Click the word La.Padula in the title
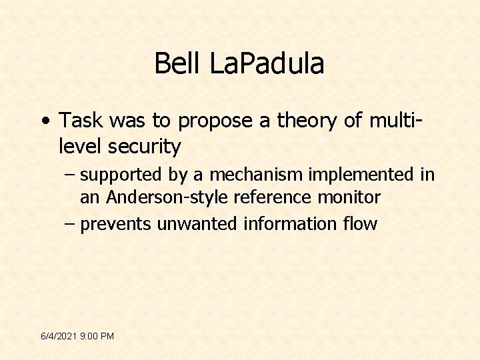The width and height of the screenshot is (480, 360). (x=267, y=64)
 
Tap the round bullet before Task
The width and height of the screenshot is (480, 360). (x=43, y=121)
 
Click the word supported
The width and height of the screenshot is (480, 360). (x=121, y=176)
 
